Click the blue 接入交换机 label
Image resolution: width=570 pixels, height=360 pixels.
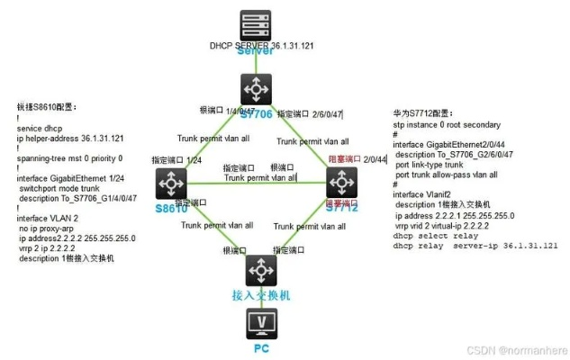pos(262,294)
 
